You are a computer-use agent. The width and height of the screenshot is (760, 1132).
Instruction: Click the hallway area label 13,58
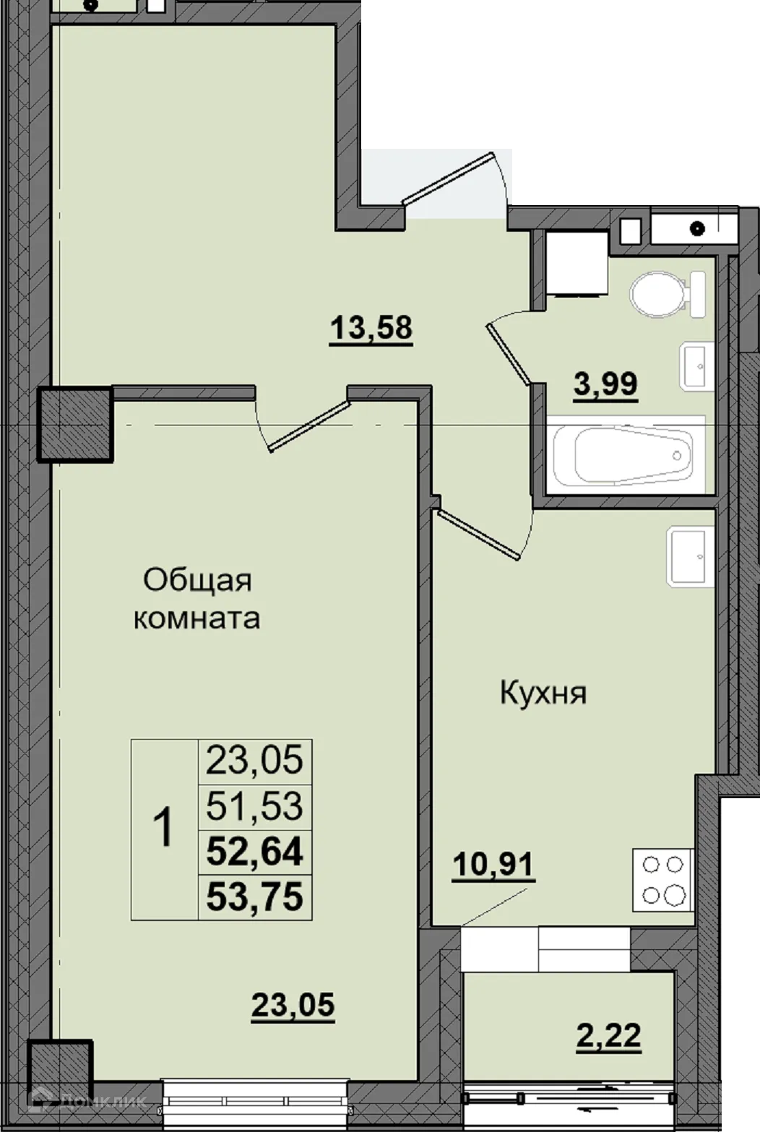pyautogui.click(x=371, y=329)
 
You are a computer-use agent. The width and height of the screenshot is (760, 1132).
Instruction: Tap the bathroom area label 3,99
pyautogui.click(x=605, y=384)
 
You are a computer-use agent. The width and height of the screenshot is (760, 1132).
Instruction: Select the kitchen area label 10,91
pyautogui.click(x=493, y=864)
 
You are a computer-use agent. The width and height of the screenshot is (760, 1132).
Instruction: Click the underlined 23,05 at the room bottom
pyautogui.click(x=293, y=1005)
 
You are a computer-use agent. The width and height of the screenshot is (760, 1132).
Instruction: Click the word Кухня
pyautogui.click(x=543, y=694)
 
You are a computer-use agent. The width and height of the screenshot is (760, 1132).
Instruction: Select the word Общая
pyautogui.click(x=197, y=580)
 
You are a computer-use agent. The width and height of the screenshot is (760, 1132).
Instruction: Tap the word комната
pyautogui.click(x=197, y=618)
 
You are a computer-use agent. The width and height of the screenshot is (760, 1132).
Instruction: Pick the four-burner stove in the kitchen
pyautogui.click(x=662, y=879)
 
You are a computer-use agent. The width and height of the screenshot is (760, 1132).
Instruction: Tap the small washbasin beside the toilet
pyautogui.click(x=696, y=366)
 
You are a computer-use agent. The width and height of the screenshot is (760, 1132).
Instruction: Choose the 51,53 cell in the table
pyautogui.click(x=254, y=806)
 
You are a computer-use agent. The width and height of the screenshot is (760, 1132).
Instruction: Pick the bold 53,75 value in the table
pyautogui.click(x=254, y=897)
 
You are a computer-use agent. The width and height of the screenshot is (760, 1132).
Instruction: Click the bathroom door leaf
pyautogui.click(x=510, y=354)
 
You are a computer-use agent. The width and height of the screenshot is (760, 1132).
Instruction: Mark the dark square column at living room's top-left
pyautogui.click(x=75, y=425)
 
